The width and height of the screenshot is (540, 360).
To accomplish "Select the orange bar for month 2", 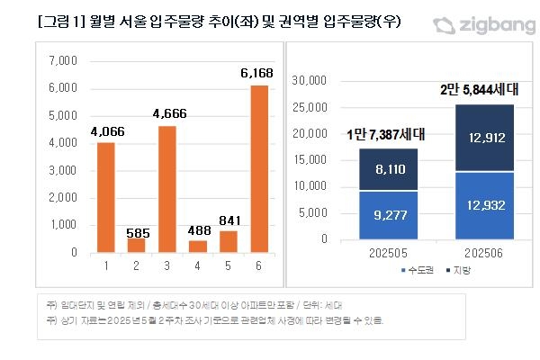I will tap(136, 245).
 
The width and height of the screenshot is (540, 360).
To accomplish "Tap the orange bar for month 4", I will tap(198, 247).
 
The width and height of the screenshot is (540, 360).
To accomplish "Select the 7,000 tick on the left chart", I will tap(64, 61).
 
